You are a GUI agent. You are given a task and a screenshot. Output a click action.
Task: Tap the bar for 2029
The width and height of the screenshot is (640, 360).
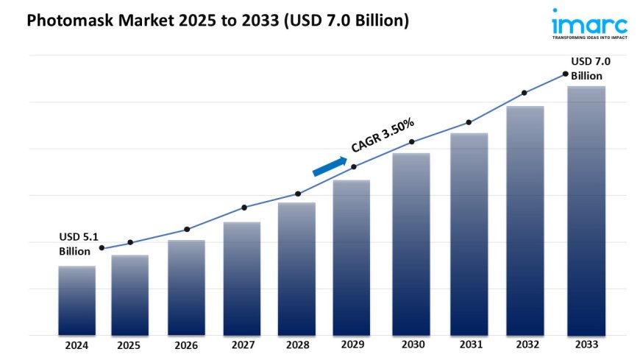pyautogui.click(x=352, y=258)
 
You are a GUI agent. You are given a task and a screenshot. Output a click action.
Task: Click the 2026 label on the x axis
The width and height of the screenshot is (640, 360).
pyautogui.click(x=186, y=345)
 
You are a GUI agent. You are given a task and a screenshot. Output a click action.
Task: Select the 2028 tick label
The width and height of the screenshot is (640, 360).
pyautogui.click(x=297, y=345)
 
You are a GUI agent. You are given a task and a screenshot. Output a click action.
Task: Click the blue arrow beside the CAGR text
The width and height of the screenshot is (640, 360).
pyautogui.click(x=330, y=166)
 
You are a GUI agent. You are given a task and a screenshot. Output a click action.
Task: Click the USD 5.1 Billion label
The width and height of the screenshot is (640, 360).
pyautogui.click(x=78, y=244)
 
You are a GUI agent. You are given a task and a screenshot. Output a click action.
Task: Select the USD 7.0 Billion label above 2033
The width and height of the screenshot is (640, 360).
pyautogui.click(x=590, y=68)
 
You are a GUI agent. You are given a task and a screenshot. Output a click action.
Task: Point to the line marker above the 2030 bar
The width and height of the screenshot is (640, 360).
pyautogui.click(x=412, y=141)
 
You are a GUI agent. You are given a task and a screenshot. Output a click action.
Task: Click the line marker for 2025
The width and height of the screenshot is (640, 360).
pyautogui.click(x=130, y=242)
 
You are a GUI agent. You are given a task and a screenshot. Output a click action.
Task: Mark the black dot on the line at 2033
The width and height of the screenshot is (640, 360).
pyautogui.click(x=565, y=74)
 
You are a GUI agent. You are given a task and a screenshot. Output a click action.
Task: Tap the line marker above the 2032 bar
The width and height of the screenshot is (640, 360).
pyautogui.click(x=525, y=93)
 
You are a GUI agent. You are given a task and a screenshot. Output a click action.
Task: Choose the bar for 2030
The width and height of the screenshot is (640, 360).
pyautogui.click(x=411, y=244)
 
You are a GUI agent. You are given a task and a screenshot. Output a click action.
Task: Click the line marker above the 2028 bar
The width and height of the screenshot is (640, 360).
pyautogui.click(x=298, y=194)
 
